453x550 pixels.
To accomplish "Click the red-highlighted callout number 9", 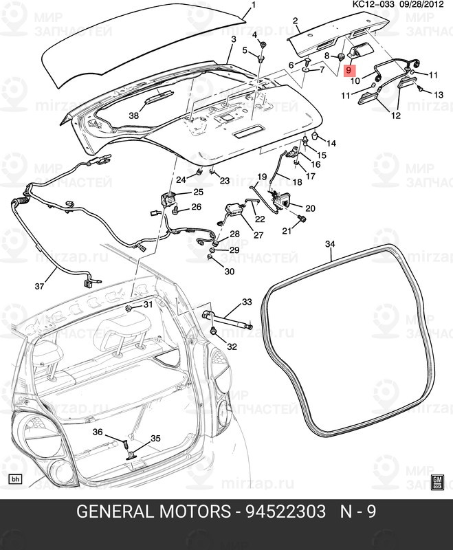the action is click(x=349, y=70).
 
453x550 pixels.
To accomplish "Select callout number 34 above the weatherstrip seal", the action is click(x=330, y=244).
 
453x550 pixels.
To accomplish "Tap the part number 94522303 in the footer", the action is click(x=285, y=511).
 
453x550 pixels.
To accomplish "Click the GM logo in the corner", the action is click(x=438, y=483).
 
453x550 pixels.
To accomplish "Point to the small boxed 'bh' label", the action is click(x=15, y=478).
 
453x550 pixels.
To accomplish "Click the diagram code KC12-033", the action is click(x=373, y=4).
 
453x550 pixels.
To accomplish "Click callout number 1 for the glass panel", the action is click(x=254, y=5).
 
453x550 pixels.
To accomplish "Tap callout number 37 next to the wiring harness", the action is click(x=39, y=286).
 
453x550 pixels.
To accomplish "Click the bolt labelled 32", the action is click(x=213, y=331).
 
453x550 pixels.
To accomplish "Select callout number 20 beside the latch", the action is click(x=310, y=208).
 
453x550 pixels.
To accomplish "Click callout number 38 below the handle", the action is click(x=133, y=115).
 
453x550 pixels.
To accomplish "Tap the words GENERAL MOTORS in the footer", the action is click(x=153, y=511).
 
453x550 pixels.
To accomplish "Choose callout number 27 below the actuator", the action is click(x=258, y=234).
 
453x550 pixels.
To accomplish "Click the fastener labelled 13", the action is click(x=419, y=89).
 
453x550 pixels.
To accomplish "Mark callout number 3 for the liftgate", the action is click(x=234, y=39).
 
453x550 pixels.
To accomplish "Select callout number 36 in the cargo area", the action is click(x=98, y=432).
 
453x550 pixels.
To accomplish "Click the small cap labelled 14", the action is click(x=316, y=135).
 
